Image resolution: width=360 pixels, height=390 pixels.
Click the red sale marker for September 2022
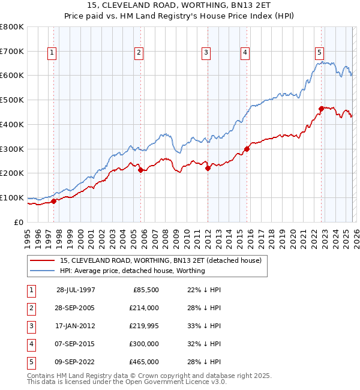click(x=322, y=109)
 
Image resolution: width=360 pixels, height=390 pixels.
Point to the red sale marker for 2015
click(x=247, y=149)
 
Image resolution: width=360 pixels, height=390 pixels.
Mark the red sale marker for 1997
click(x=54, y=201)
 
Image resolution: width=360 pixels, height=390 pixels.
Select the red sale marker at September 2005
click(x=140, y=170)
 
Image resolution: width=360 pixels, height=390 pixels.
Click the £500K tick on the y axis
click(x=12, y=100)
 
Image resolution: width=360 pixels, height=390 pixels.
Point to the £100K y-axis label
click(x=12, y=197)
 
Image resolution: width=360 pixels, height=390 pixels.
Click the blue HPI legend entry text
click(x=132, y=271)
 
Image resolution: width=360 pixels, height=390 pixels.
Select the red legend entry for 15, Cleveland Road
click(x=160, y=261)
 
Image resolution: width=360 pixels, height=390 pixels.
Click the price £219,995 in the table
click(x=144, y=326)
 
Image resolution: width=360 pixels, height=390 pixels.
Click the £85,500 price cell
click(x=145, y=290)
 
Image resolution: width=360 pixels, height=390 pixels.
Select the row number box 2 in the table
click(x=31, y=308)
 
